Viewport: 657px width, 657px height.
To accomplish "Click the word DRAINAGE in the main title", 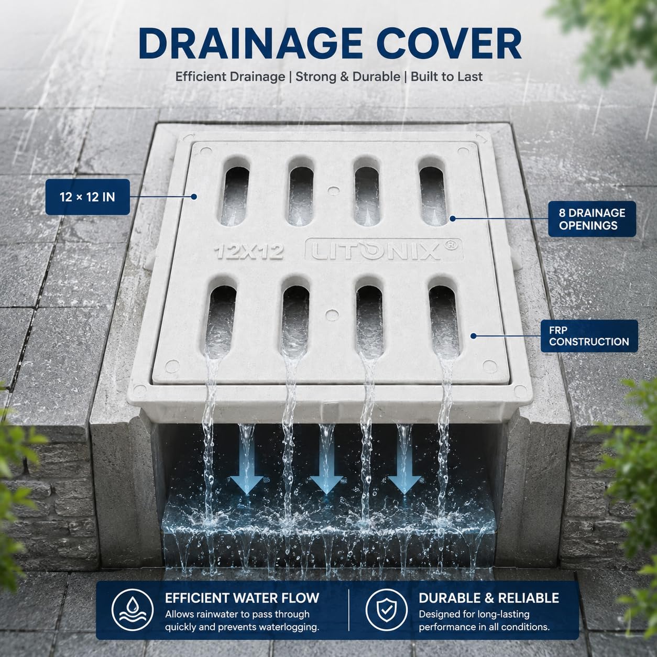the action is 250,43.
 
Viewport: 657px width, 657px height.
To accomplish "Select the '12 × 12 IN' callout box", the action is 87,196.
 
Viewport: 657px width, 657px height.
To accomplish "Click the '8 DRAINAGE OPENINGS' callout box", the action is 592,219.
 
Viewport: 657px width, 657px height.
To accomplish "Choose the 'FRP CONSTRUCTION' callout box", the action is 589,336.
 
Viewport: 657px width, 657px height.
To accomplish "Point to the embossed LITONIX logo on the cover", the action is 384,250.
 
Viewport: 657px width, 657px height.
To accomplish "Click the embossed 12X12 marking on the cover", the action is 248,251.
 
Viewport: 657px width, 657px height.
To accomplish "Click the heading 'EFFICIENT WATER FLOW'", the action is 242,598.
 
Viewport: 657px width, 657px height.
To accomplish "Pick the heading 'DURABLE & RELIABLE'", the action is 489,598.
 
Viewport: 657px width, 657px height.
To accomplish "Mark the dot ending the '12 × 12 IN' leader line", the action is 194,196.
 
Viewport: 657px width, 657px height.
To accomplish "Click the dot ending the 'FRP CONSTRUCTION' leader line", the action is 473,336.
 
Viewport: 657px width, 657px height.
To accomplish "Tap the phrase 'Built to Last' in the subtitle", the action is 446,76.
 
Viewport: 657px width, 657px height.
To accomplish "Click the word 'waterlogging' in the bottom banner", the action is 289,627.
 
